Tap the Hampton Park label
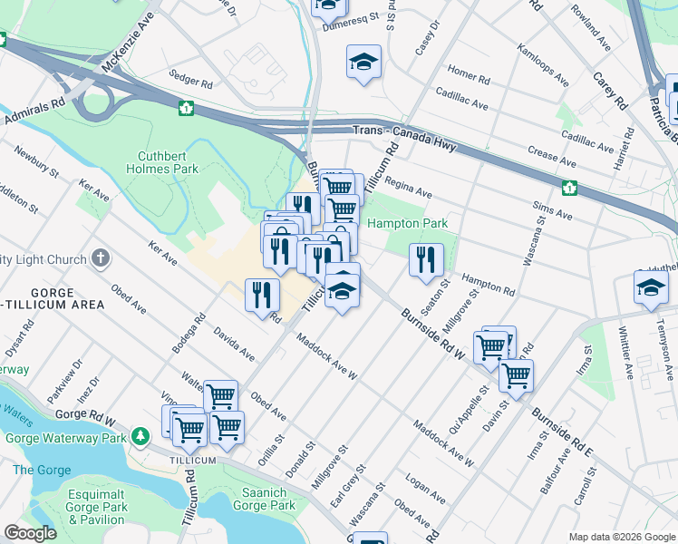[x=407, y=223]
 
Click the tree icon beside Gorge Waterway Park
[x=140, y=437]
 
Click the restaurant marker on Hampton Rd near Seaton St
[x=426, y=259]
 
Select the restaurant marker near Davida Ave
[x=260, y=293]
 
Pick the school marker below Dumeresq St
[x=363, y=62]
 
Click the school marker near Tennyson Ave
[x=649, y=287]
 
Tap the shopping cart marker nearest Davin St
[x=516, y=374]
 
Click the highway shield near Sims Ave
[x=569, y=188]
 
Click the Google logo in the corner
[x=30, y=533]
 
